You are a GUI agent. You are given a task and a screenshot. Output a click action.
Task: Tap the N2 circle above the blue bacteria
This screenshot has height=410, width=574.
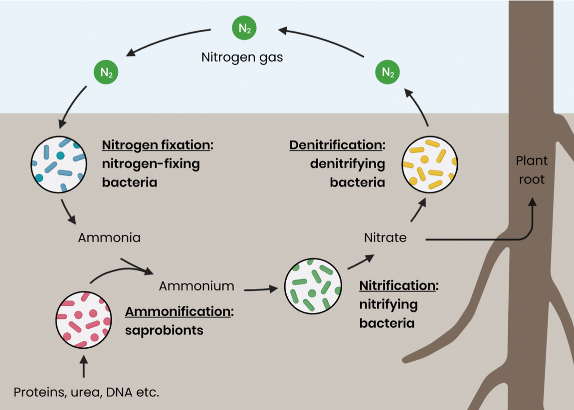[106, 72]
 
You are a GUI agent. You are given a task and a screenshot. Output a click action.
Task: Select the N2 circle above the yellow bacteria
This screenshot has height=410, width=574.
[387, 72]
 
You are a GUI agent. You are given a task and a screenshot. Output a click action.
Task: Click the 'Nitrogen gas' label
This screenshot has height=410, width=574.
[242, 57]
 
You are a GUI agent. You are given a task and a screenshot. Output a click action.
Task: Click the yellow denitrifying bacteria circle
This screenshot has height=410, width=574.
[430, 163]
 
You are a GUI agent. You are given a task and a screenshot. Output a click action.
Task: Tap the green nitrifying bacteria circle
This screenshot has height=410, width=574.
[313, 285]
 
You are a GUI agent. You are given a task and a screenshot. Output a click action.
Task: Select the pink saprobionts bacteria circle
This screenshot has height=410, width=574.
[83, 319]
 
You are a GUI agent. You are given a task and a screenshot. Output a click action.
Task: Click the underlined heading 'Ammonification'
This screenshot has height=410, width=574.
[178, 311]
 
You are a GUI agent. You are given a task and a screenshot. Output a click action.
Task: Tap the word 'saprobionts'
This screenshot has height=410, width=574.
[164, 330]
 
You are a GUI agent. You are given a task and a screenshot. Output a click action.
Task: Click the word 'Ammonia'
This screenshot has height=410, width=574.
[109, 238]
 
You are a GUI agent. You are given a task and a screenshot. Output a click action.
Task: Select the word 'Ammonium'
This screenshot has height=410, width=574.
[196, 286]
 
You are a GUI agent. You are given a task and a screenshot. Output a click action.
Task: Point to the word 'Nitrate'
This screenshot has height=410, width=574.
[385, 238]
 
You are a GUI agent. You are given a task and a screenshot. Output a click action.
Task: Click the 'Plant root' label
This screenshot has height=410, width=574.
[532, 170]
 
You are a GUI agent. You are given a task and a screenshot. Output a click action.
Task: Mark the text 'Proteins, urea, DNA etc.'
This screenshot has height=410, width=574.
[86, 392]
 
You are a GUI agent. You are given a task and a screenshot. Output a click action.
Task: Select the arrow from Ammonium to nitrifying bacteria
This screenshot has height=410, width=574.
[261, 288]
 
